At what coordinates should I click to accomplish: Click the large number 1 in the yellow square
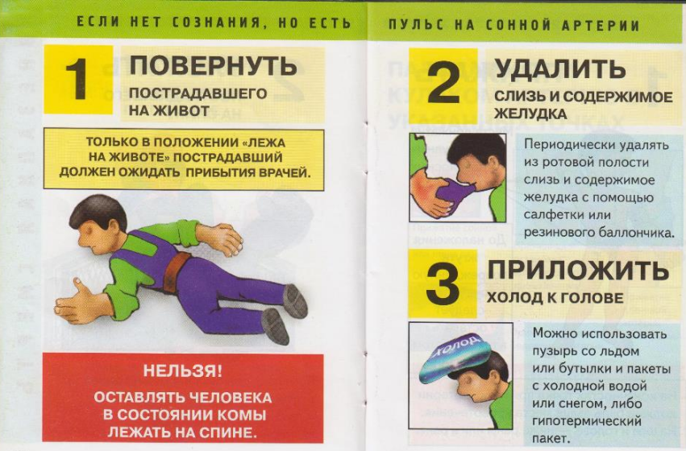(x=78, y=79)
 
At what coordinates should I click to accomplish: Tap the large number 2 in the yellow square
(x=443, y=82)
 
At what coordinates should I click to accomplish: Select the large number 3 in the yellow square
(x=443, y=283)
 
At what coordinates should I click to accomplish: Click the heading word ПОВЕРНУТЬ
(x=213, y=66)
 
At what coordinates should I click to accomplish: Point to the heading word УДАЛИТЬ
(x=560, y=68)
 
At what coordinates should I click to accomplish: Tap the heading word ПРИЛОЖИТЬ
(x=578, y=270)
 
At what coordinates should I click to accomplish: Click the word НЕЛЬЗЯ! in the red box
(x=183, y=371)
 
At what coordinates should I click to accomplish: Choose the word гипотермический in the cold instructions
(x=587, y=422)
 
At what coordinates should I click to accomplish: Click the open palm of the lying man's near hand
(x=78, y=303)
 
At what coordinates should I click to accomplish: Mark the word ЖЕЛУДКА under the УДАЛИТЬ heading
(x=530, y=114)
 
